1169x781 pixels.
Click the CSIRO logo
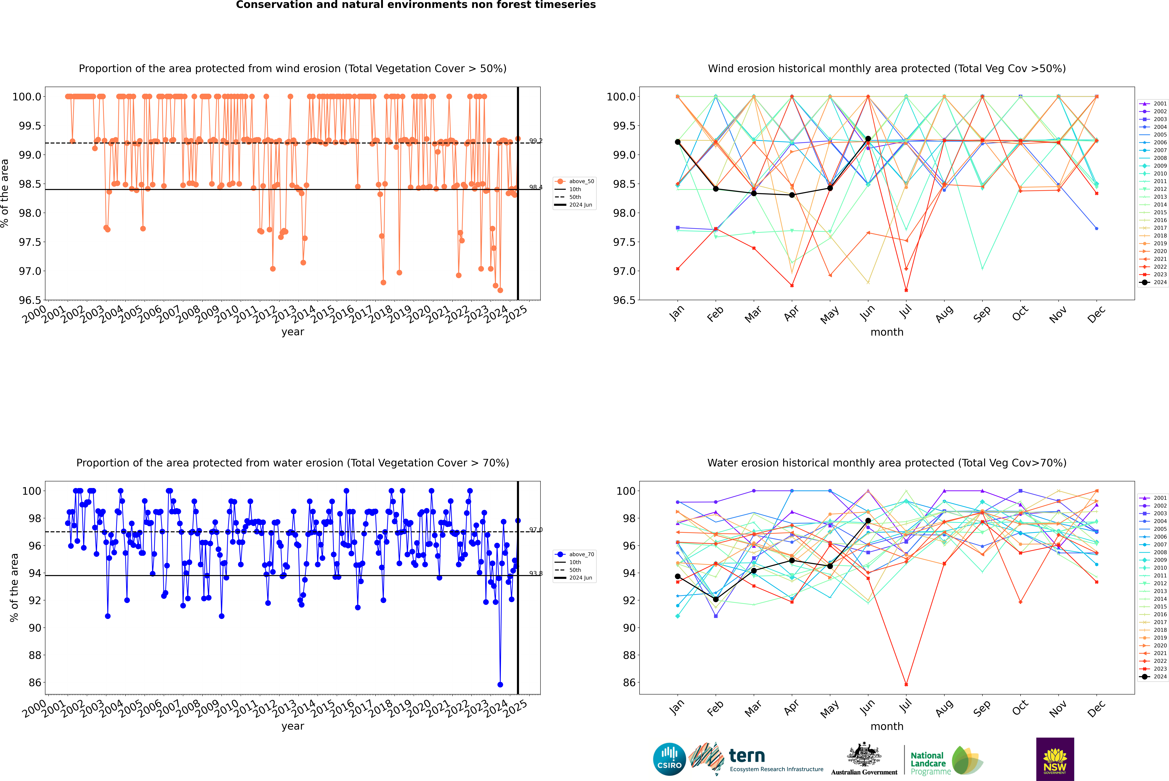click(x=669, y=759)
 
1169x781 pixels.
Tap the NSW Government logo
click(x=1055, y=759)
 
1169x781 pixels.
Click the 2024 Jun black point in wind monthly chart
click(x=868, y=139)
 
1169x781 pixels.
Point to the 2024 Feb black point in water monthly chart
click(x=716, y=599)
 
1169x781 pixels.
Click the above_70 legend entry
click(x=575, y=554)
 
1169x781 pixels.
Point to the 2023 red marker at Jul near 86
click(x=906, y=684)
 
